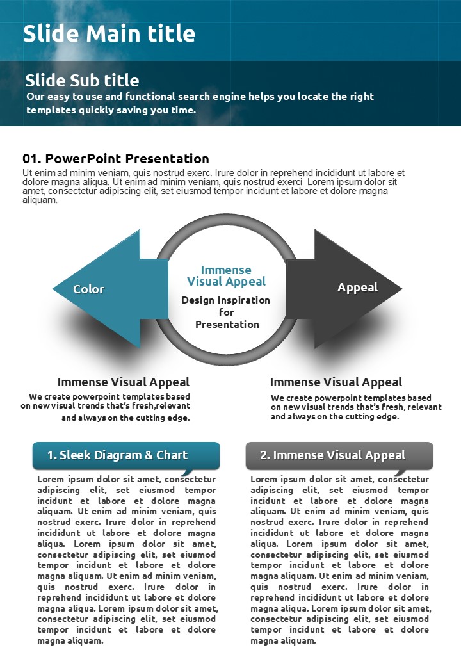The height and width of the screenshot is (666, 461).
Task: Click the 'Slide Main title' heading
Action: [x=109, y=33]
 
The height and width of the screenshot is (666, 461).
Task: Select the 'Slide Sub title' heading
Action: [x=82, y=80]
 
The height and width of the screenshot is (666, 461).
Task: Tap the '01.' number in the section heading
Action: [x=32, y=159]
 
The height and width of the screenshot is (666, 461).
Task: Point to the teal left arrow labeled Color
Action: [x=110, y=289]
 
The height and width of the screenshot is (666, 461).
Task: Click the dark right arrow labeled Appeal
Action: [x=344, y=289]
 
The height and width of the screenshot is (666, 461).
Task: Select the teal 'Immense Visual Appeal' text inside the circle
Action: [x=226, y=275]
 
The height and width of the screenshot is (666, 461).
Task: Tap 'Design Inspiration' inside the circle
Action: [x=226, y=300]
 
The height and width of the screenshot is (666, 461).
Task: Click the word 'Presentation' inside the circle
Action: [x=227, y=325]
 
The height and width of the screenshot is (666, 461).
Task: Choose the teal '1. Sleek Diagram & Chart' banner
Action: [x=126, y=455]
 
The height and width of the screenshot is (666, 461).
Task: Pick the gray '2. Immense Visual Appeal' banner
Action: [x=339, y=455]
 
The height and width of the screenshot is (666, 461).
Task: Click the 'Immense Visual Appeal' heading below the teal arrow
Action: [x=124, y=382]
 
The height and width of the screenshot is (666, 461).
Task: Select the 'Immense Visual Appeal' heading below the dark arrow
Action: [x=336, y=382]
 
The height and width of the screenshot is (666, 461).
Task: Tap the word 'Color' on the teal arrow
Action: [x=89, y=289]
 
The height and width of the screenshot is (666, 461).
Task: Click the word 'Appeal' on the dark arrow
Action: [x=357, y=288]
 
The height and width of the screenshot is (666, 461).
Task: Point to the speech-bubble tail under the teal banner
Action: [x=187, y=473]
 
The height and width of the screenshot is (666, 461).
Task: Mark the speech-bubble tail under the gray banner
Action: [x=400, y=473]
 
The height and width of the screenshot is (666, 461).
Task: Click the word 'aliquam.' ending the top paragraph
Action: [x=40, y=200]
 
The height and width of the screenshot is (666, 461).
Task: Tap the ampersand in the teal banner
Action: [x=149, y=455]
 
